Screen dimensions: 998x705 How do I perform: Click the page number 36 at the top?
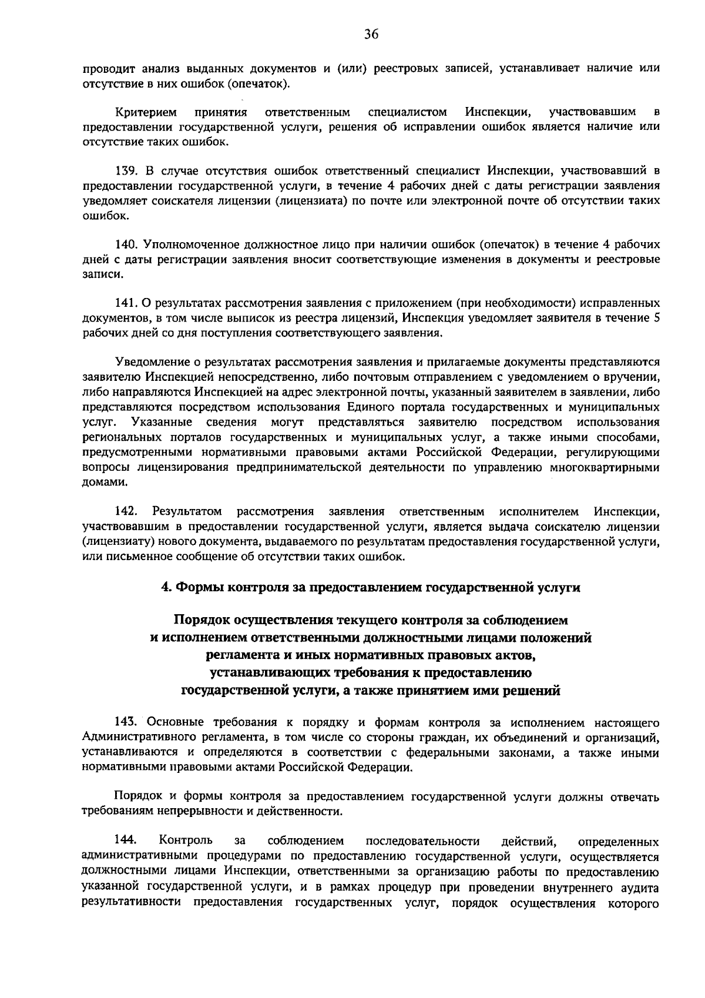pos(371,34)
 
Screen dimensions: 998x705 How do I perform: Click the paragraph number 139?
pos(126,171)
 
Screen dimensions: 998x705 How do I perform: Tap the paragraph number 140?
pos(126,244)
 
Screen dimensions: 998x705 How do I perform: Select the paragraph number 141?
pos(126,303)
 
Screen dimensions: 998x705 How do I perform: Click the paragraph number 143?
pos(126,722)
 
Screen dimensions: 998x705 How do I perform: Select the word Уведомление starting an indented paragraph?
pos(149,362)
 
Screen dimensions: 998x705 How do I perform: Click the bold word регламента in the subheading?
pos(241,655)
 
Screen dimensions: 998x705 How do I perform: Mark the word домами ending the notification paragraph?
pos(102,483)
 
